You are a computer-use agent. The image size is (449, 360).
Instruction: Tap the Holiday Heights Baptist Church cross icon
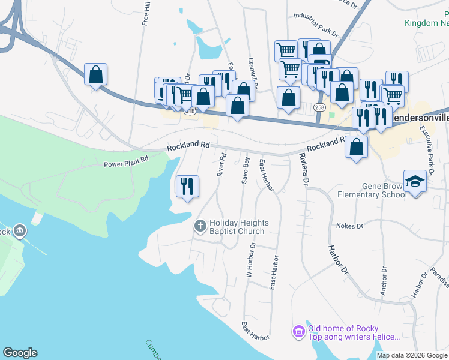coord(200,226)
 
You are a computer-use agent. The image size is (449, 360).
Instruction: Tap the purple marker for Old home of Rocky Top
coord(298,331)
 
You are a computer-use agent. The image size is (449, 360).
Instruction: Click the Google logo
coord(20,353)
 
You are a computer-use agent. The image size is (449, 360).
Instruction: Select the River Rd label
coord(221,164)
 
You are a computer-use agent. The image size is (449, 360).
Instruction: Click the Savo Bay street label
coord(246,169)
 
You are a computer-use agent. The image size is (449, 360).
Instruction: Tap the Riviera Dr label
coord(304,169)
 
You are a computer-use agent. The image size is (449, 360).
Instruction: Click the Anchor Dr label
coord(382,282)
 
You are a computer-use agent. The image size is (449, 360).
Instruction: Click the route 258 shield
coord(319,107)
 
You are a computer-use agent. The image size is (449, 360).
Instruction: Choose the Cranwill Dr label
coord(253,72)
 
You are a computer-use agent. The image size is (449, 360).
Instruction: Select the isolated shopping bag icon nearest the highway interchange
coord(95,75)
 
